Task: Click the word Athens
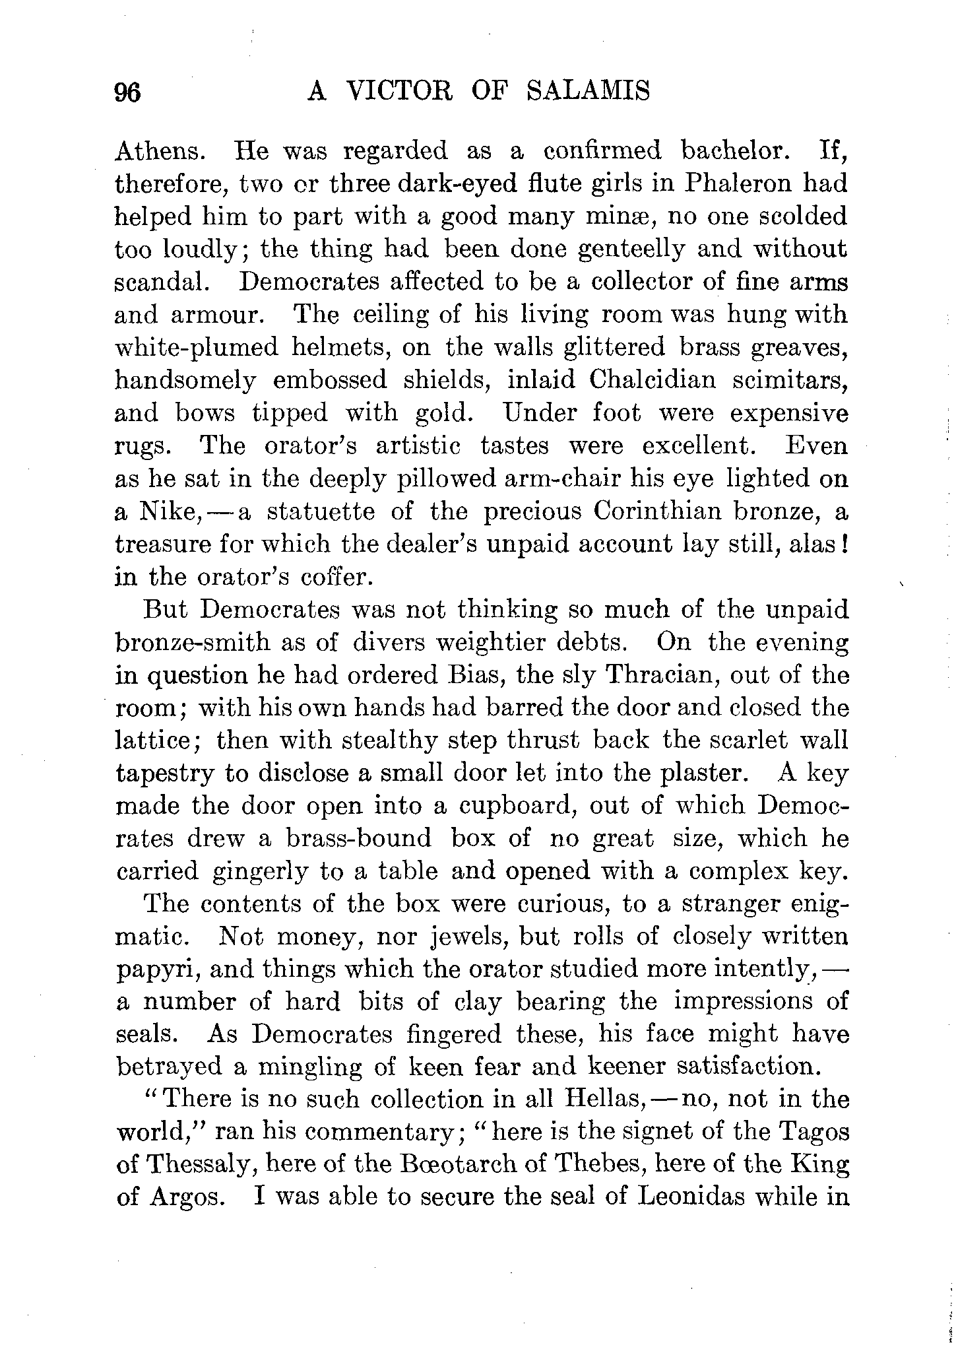[159, 151]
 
